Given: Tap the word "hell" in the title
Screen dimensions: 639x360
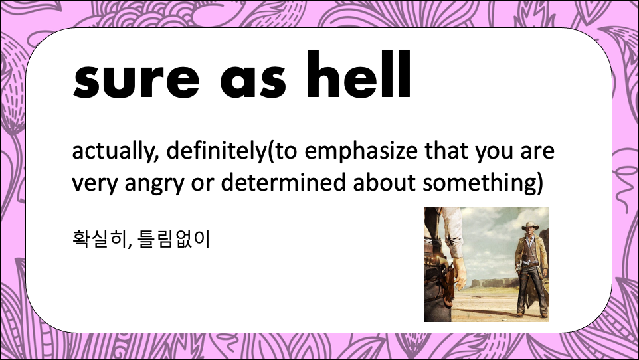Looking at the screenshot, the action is point(359,74).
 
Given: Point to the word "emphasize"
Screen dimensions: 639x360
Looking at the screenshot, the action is point(361,151).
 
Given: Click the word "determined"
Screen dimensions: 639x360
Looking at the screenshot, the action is point(284,182).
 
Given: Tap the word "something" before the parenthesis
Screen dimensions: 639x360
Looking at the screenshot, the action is point(480,183).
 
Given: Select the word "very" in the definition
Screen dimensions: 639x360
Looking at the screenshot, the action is point(96,184).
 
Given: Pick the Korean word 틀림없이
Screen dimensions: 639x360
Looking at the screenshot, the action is point(174,239).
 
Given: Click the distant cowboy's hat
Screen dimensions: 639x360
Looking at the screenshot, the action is point(530,226).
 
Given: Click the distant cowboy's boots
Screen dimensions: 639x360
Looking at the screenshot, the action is point(532,314).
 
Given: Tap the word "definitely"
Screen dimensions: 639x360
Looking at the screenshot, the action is point(217,151).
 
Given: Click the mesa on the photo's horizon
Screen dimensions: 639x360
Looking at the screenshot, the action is point(489,282).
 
